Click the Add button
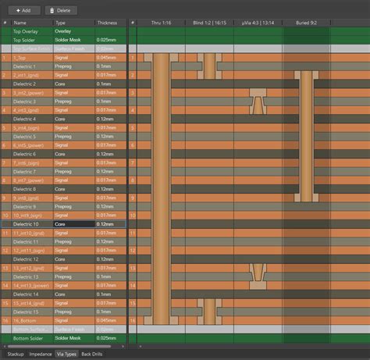click(22, 10)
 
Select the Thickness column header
click(108, 23)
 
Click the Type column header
click(61, 23)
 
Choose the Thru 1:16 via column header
click(162, 23)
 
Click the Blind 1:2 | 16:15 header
click(208, 23)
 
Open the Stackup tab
click(15, 354)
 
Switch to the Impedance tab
click(41, 354)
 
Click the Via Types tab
click(67, 354)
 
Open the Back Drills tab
click(92, 354)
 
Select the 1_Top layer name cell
click(22, 57)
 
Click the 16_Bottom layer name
click(25, 320)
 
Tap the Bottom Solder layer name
click(27, 338)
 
